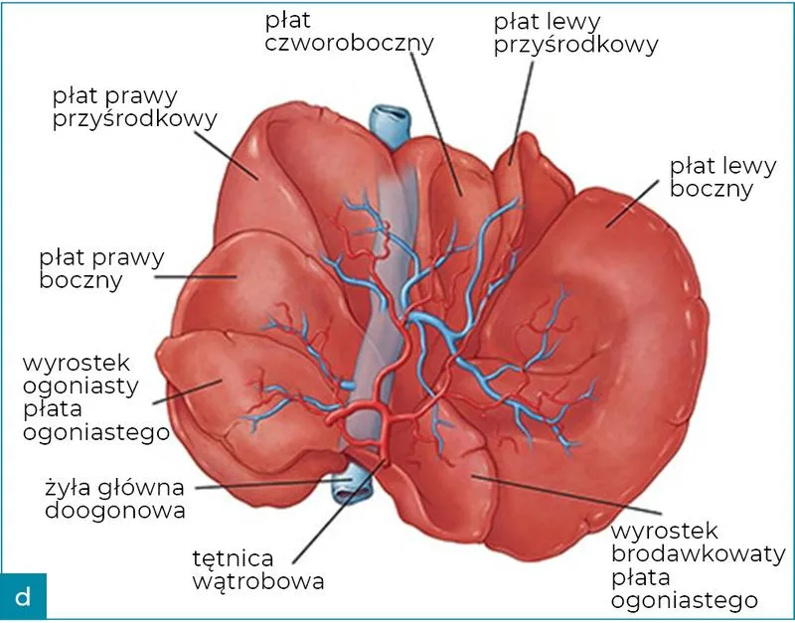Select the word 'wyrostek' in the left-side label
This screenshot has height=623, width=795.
pyautogui.click(x=79, y=361)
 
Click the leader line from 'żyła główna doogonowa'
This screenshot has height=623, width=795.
pyautogui.click(x=268, y=486)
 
